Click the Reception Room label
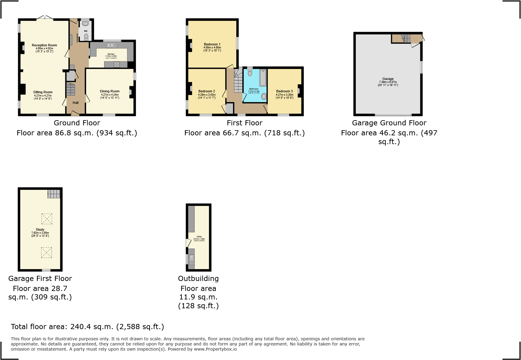(44, 45)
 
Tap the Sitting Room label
(43, 92)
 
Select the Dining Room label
(110, 91)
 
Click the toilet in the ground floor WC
(86, 37)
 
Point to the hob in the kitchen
(116, 64)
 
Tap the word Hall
(76, 103)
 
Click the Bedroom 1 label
(212, 45)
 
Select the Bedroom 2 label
(207, 91)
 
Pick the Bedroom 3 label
(284, 91)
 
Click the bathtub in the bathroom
(263, 78)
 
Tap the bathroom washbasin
(264, 97)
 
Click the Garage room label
(388, 79)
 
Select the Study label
(40, 230)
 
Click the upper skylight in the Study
(47, 219)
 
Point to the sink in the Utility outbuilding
(191, 258)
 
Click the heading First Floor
(244, 123)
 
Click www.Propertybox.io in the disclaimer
(215, 349)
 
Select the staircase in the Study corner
(54, 194)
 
